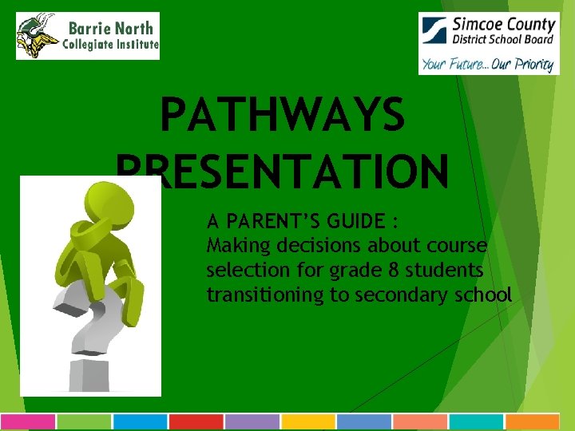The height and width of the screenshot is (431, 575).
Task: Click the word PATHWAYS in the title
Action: (x=283, y=117)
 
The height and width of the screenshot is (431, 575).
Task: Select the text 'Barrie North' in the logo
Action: (x=109, y=28)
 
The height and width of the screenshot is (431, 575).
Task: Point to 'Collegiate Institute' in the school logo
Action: (x=110, y=45)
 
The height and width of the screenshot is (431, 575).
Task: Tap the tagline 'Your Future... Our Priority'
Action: (x=487, y=64)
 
